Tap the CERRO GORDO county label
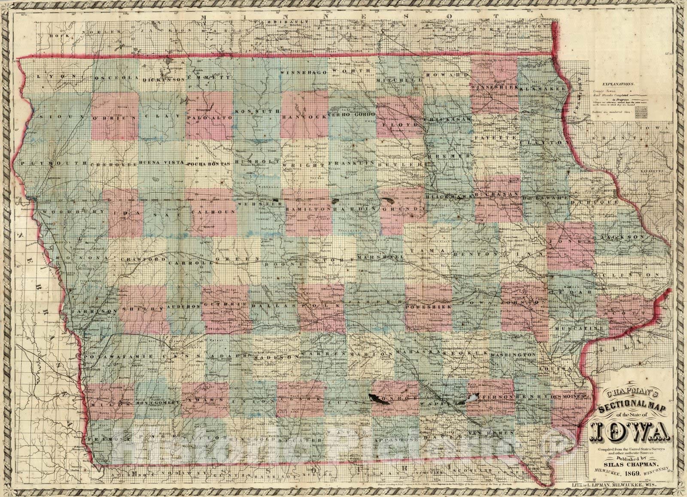[353, 115]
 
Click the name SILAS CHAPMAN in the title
[630, 464]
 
